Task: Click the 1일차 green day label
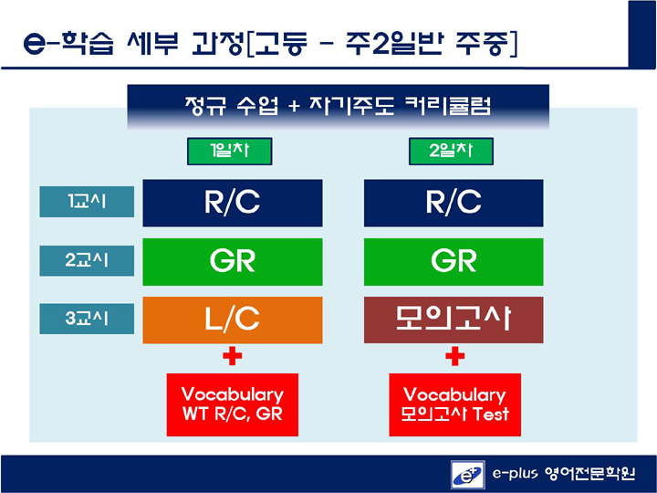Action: point(230,151)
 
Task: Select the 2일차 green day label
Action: point(451,151)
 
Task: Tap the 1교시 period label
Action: point(87,202)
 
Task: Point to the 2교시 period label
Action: point(87,261)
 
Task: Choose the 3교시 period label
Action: point(87,319)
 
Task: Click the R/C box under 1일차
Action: point(233,203)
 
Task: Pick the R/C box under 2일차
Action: point(454,203)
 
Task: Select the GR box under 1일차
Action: point(233,262)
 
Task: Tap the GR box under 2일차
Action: point(454,262)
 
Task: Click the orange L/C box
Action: point(233,320)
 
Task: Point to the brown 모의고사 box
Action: point(454,320)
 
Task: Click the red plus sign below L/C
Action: point(233,356)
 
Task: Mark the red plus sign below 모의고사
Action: point(455,356)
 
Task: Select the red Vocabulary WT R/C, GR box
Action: point(233,404)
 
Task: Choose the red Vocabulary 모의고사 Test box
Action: point(455,404)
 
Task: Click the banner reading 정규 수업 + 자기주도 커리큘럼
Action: point(339,107)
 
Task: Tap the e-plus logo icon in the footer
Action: point(468,475)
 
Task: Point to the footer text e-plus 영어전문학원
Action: point(564,474)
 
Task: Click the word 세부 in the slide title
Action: point(152,43)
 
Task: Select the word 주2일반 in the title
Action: point(394,43)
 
